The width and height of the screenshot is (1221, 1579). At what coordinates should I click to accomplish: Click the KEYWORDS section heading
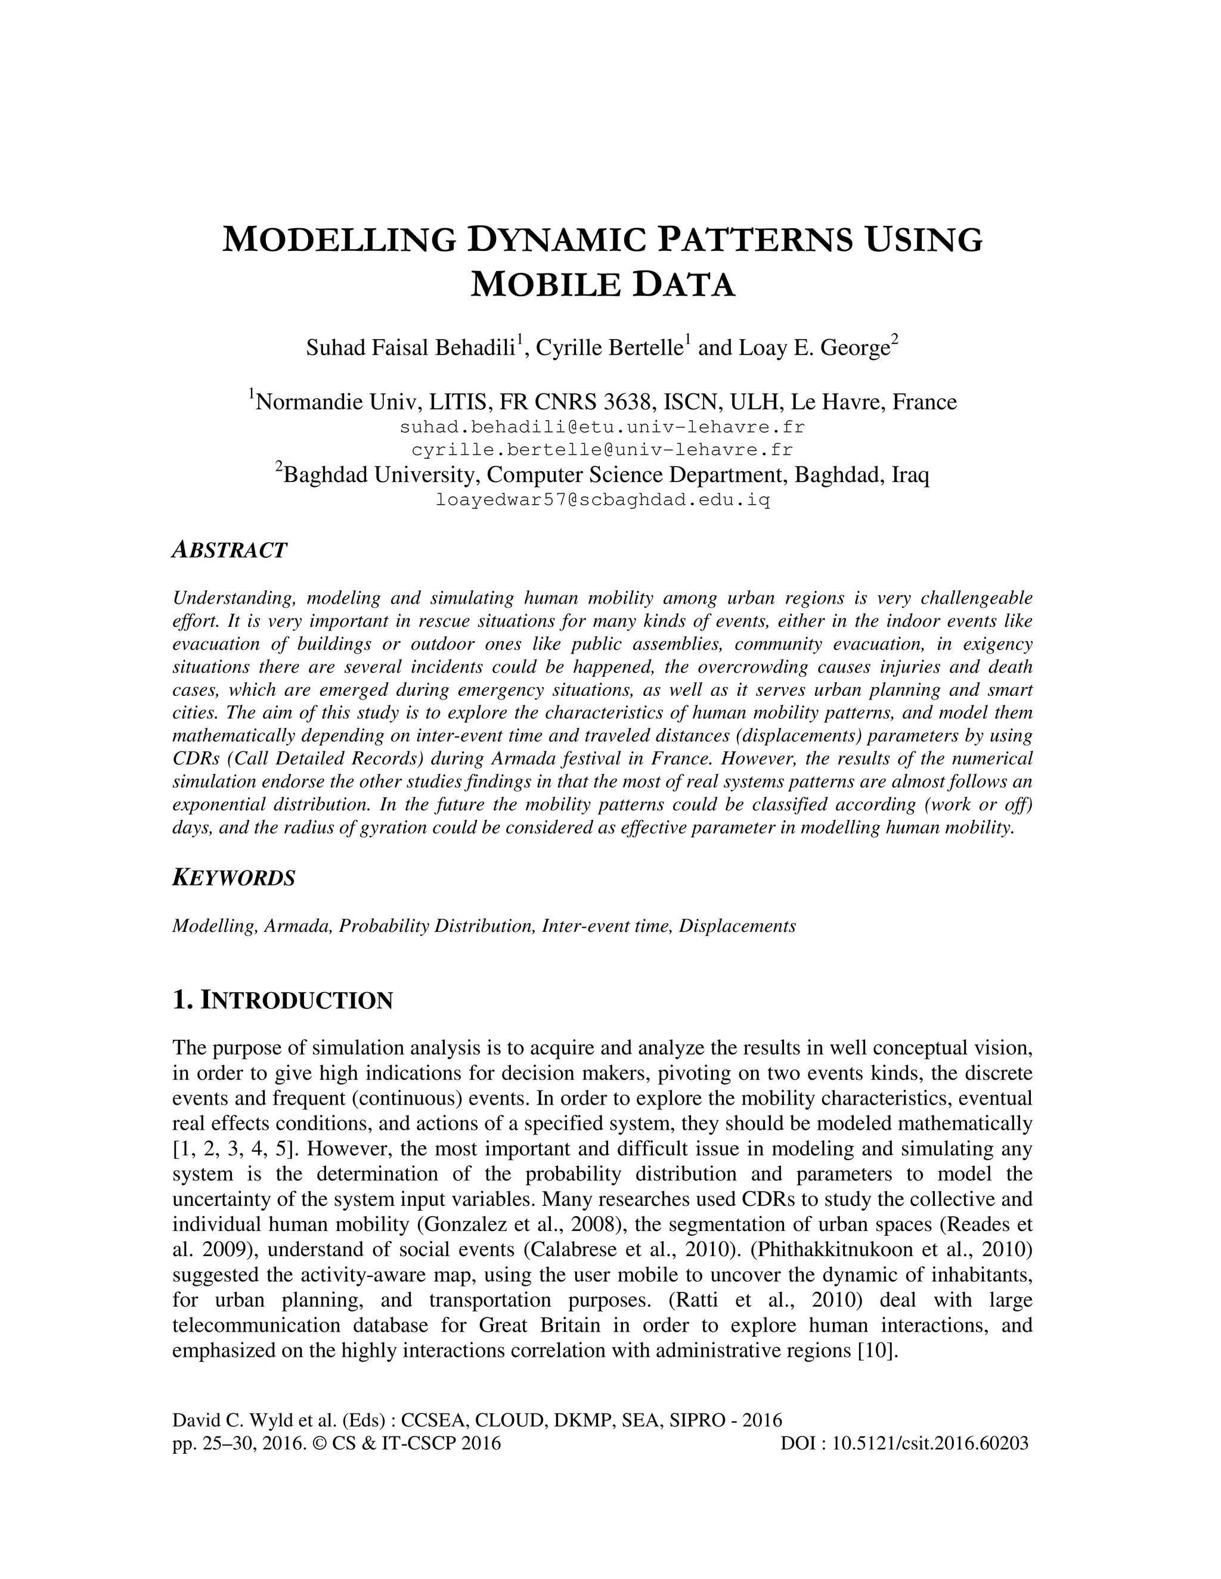point(234,878)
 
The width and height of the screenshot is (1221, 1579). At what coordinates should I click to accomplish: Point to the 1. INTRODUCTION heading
point(282,1000)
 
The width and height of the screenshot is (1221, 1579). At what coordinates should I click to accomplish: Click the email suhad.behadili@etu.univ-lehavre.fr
point(602,427)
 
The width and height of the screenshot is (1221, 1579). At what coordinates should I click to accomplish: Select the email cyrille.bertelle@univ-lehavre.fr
point(602,450)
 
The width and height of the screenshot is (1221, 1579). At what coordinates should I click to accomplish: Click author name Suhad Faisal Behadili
point(410,348)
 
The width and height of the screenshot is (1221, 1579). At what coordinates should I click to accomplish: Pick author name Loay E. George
point(813,348)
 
